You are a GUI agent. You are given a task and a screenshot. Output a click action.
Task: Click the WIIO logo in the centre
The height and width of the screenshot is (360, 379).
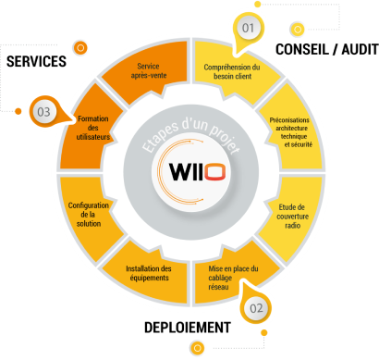(188, 173)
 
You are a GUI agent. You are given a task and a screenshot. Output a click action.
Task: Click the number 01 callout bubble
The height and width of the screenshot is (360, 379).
(248, 29)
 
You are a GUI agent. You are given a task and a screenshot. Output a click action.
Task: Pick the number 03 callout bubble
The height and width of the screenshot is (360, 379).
(44, 113)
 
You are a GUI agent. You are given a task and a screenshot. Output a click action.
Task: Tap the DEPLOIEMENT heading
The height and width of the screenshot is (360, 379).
(188, 327)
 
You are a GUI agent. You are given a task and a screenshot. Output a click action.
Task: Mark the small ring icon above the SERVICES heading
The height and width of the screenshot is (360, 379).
(80, 46)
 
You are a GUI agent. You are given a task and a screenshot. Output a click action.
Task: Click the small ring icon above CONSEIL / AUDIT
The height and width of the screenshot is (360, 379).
(297, 29)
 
